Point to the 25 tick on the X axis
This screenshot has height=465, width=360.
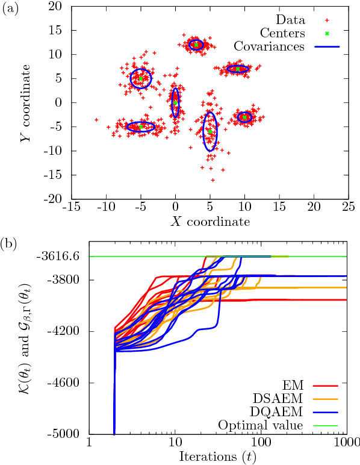point(348,207)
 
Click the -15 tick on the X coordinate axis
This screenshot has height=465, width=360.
point(72,207)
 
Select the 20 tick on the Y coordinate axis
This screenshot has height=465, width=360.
point(56,6)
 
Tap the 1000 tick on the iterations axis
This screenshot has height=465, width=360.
point(345,443)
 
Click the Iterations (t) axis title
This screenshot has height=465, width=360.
point(216,456)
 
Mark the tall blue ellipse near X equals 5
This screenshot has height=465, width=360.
point(209,131)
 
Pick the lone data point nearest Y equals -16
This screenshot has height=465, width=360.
point(213,179)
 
